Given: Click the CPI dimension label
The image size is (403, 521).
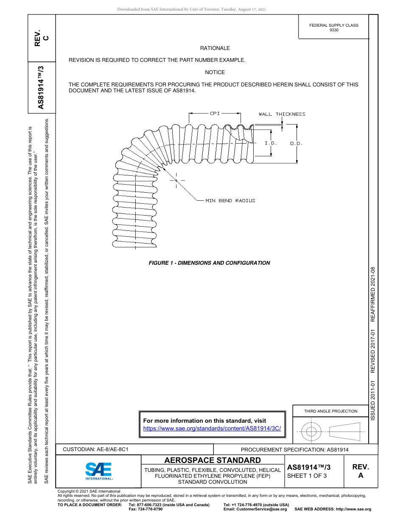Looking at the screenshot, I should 215,114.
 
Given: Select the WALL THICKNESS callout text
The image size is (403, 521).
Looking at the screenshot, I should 282,114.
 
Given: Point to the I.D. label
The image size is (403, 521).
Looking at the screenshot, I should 271,143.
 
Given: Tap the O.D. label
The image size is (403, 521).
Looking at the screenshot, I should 296,144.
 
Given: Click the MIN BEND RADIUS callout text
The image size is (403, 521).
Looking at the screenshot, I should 230,200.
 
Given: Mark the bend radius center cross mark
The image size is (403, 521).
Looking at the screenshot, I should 176,180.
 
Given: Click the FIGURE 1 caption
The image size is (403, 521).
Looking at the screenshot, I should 209,263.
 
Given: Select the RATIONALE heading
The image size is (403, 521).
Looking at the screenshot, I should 215,48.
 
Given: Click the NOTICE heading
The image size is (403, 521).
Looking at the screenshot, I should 215,72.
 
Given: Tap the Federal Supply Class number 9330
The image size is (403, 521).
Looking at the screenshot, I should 334,30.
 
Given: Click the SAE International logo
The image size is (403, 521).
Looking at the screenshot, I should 98,471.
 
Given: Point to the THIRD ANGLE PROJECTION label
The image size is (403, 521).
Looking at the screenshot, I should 330,411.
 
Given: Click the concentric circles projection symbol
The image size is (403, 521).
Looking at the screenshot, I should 312,432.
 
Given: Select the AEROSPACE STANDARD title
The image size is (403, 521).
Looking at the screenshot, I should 213,460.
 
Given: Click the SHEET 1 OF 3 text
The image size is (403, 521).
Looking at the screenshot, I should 307,475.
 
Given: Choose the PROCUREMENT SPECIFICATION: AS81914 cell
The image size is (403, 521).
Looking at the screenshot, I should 294,449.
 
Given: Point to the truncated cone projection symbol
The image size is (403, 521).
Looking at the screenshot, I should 344,431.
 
